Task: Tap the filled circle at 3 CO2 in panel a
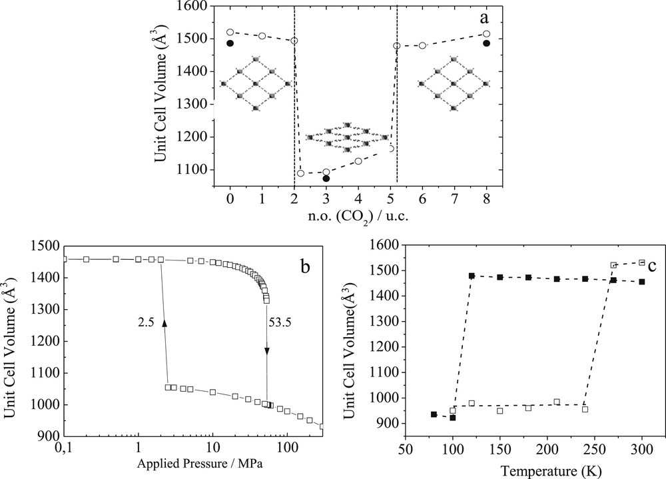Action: point(326,179)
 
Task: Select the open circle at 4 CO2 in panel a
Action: point(358,161)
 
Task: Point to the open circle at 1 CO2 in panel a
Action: point(262,36)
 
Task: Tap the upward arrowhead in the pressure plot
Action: point(165,322)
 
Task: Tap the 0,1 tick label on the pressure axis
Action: point(65,447)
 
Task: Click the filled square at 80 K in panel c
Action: point(434,414)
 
